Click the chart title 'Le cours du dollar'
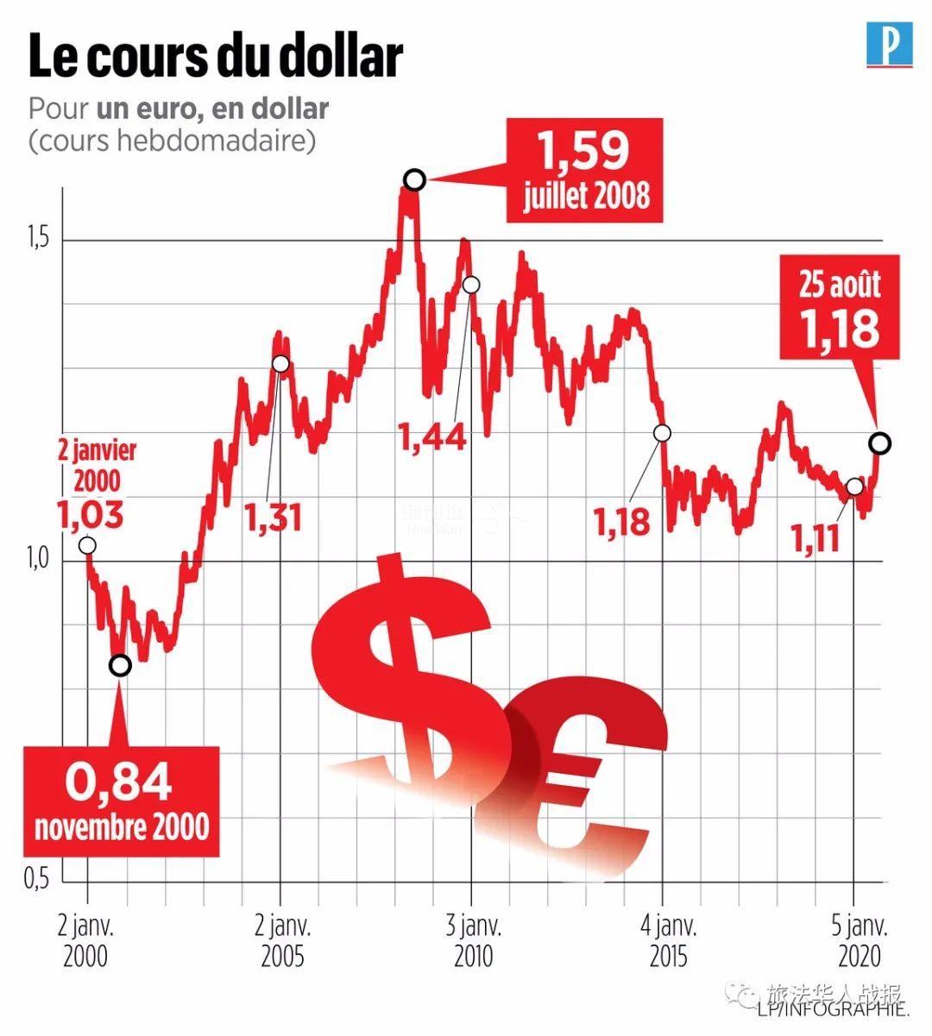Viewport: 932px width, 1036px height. (216, 57)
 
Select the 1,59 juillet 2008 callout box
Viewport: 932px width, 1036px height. (585, 171)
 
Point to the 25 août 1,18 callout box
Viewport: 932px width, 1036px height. (839, 308)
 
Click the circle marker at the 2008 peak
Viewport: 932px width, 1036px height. (414, 179)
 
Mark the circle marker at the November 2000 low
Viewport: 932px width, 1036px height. (121, 665)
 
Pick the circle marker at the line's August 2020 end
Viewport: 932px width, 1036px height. (880, 443)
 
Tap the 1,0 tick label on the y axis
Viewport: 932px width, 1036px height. (36, 559)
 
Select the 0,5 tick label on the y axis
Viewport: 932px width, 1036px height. (36, 879)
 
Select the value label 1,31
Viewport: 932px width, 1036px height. (273, 518)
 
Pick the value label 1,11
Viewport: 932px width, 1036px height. (815, 539)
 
